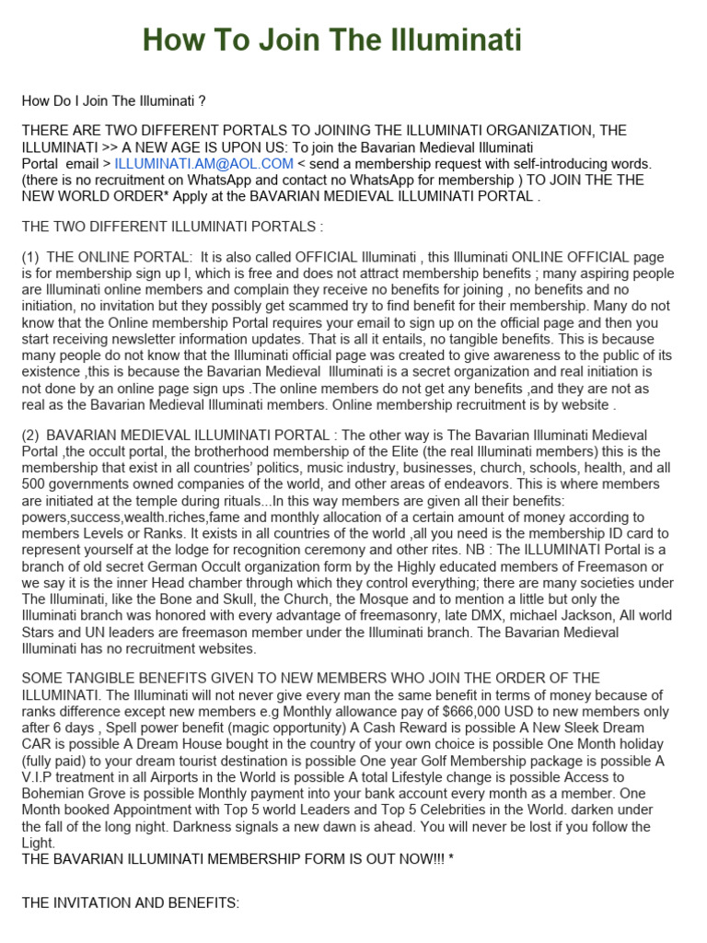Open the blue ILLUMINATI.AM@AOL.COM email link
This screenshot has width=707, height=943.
coord(204,163)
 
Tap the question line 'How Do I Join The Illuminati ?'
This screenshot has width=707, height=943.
coord(113,101)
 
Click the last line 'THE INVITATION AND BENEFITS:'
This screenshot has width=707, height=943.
coord(130,903)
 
